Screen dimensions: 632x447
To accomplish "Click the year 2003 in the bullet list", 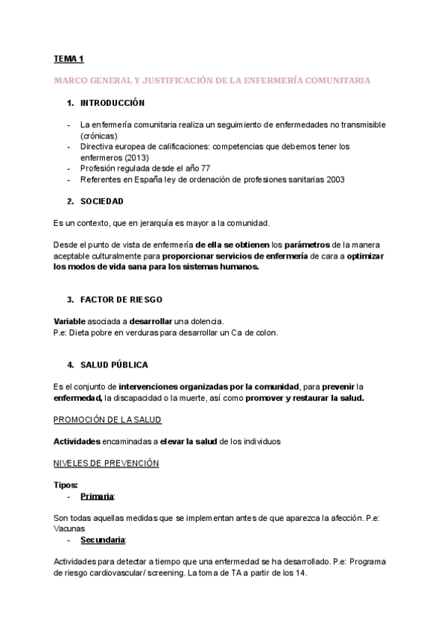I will coord(332,180).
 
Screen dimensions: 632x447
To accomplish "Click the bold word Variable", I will coord(70,321).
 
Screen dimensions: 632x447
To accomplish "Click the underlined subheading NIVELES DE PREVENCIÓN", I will coord(107,463).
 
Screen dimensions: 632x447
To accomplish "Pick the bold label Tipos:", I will coord(66,485).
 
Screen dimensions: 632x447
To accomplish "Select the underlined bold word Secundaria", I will coord(102,540).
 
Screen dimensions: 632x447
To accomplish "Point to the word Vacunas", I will coord(70,528).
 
